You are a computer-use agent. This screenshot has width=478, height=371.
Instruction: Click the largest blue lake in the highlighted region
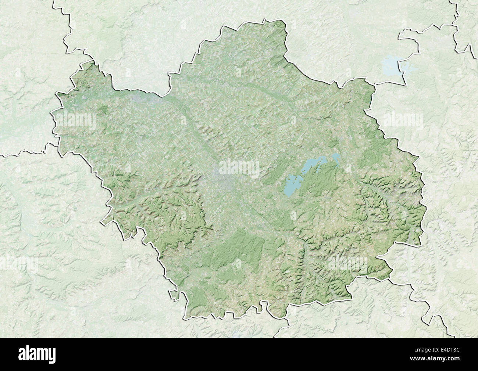tap(292, 185)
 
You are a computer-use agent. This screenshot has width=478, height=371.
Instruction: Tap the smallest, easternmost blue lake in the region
tap(335, 158)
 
